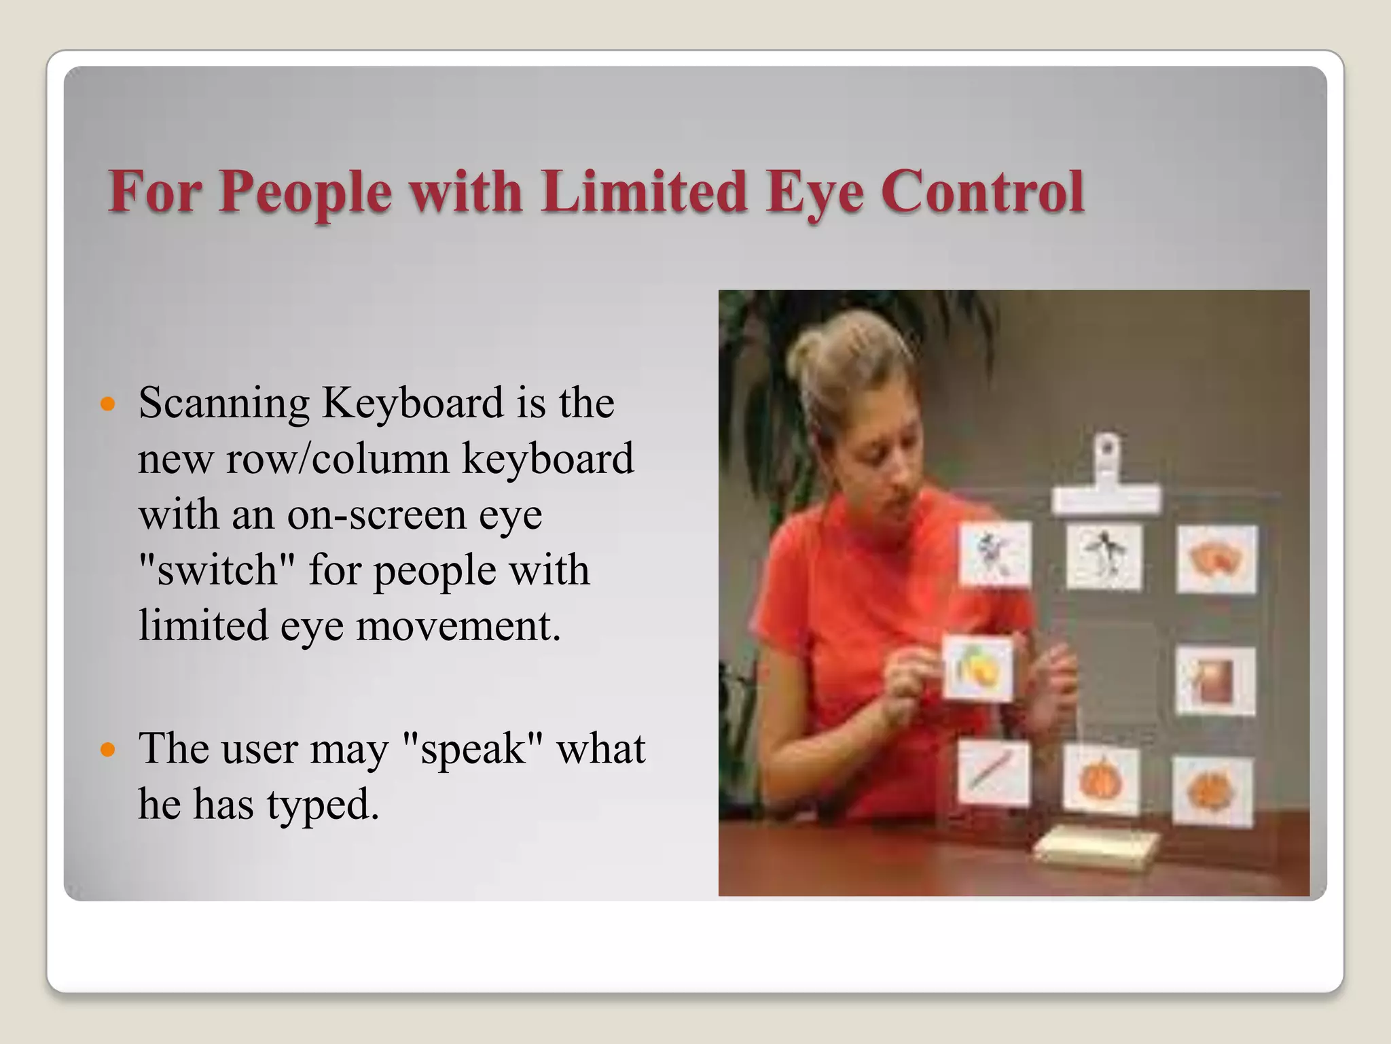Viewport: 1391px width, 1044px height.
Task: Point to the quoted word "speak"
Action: [473, 749]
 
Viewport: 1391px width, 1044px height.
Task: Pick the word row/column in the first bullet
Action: [338, 459]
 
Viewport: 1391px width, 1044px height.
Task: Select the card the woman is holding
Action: [978, 667]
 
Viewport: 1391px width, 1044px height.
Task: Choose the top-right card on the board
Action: [1217, 559]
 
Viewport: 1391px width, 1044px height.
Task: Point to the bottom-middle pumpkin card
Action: [1100, 780]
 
